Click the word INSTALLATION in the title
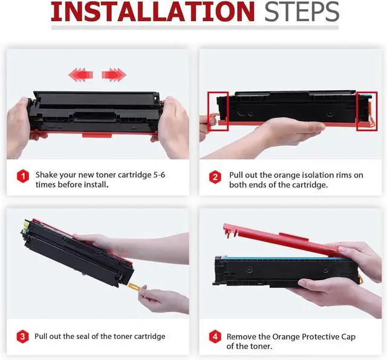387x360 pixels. (x=152, y=11)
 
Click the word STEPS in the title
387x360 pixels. (x=302, y=11)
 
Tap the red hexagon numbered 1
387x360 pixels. (x=23, y=176)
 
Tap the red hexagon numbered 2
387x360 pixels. (x=215, y=177)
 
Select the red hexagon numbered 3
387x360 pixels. (x=23, y=336)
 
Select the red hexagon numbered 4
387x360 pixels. (x=215, y=336)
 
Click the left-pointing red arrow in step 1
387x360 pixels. (x=80, y=74)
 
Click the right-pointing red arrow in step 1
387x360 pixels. (x=114, y=74)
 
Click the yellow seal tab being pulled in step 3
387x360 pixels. (x=134, y=287)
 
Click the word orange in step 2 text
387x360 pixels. (x=288, y=175)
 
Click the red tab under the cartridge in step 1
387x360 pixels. (x=97, y=135)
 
